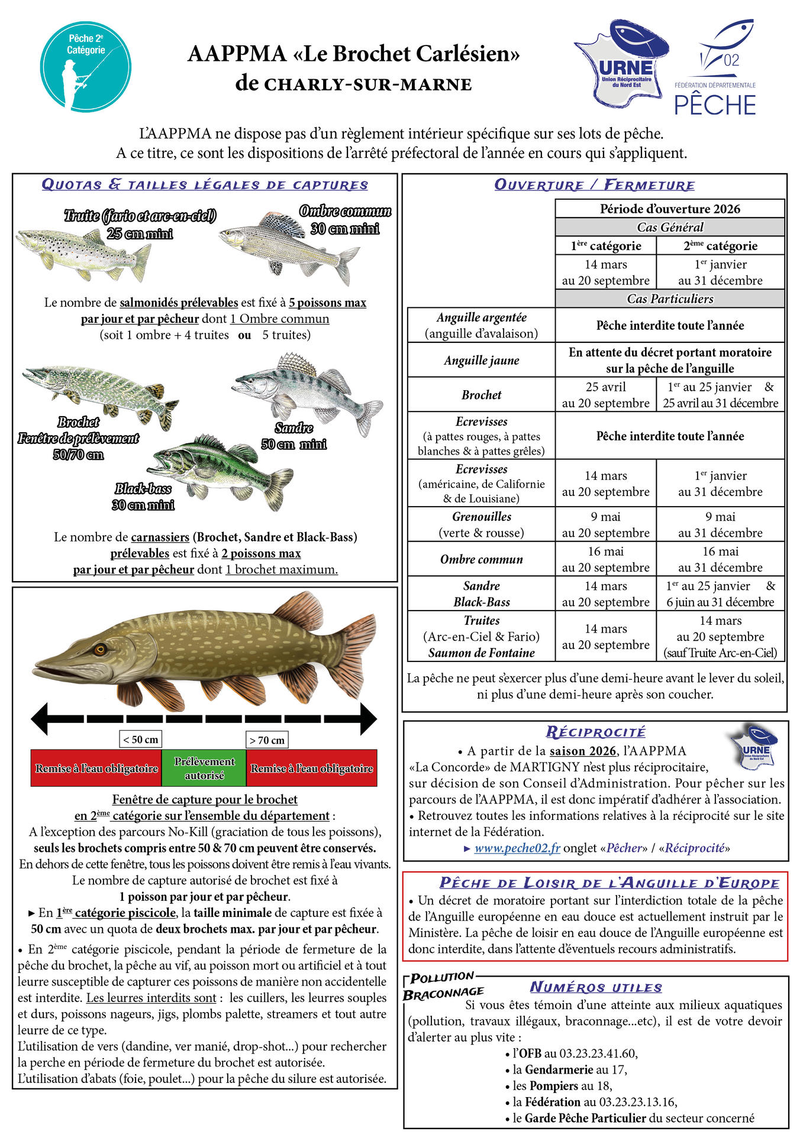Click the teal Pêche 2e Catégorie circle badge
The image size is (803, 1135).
coord(86,66)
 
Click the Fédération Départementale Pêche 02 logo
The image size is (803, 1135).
coord(715,68)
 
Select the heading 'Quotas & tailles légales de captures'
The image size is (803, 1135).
coord(205,184)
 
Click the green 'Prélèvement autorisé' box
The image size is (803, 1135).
coord(204,768)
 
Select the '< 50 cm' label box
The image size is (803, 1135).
coord(140,740)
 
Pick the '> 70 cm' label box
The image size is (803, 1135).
coord(267,740)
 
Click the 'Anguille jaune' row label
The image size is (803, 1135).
coord(481,360)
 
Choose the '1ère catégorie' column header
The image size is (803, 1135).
coord(605,246)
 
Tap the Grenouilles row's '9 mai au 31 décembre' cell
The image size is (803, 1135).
coord(720,524)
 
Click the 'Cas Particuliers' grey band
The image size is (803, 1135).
coord(669,299)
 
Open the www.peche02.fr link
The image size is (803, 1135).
coord(517,848)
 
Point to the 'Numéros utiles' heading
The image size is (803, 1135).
coord(595,987)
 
